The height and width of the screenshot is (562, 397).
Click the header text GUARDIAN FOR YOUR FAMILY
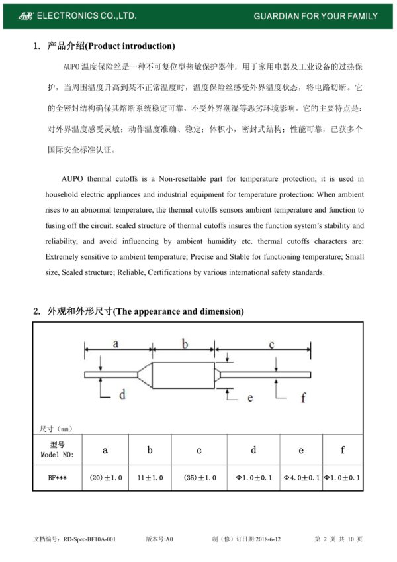tap(316, 16)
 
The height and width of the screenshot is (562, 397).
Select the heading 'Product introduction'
tap(130, 46)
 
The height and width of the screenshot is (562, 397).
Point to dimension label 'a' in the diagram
tap(115, 343)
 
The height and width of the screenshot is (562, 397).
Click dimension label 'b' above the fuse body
tap(185, 343)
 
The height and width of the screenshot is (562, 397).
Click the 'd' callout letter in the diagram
tap(122, 394)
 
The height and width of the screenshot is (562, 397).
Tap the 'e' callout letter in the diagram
tap(250, 397)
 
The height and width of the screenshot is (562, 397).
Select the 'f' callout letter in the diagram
tap(303, 397)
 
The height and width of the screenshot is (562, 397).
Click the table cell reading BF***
tap(57, 477)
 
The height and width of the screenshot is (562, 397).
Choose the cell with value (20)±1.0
tap(106, 477)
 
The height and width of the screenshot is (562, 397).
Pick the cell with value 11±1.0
tap(150, 477)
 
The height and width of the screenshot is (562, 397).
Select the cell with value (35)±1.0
tap(199, 477)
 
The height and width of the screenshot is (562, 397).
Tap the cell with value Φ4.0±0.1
tap(301, 477)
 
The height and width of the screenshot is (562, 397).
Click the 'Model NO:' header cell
tap(57, 450)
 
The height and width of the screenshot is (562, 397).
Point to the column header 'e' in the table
tap(301, 450)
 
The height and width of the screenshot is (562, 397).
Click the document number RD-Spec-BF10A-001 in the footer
tap(88, 539)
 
